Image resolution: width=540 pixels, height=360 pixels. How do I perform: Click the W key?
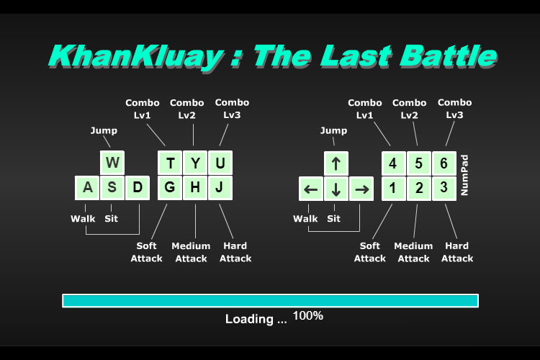click(112, 163)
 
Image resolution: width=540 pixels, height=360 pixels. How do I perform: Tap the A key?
click(87, 188)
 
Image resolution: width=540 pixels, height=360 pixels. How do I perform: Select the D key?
click(138, 188)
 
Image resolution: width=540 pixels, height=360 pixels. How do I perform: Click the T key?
click(170, 163)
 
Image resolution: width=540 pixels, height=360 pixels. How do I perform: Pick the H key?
click(195, 188)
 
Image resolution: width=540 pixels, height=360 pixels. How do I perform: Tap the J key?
click(220, 188)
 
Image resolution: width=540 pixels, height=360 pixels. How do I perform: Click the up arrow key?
click(336, 163)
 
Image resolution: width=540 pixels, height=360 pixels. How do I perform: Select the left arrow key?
click(311, 189)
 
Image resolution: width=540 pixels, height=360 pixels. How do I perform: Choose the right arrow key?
click(361, 189)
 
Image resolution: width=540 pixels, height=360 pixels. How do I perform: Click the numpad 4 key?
click(394, 163)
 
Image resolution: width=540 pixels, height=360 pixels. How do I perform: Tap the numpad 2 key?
click(419, 189)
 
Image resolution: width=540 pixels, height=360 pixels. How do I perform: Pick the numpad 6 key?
click(444, 163)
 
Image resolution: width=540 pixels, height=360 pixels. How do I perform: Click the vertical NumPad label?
click(464, 175)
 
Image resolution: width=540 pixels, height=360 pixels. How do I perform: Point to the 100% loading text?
click(308, 315)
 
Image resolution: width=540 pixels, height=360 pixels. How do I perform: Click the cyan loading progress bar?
click(270, 301)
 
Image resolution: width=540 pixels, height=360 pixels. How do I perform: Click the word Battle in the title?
click(448, 56)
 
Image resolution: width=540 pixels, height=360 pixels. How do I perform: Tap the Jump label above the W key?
click(104, 130)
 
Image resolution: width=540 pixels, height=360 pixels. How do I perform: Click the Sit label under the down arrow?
click(333, 218)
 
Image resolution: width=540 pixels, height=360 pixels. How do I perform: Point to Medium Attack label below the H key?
click(191, 252)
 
